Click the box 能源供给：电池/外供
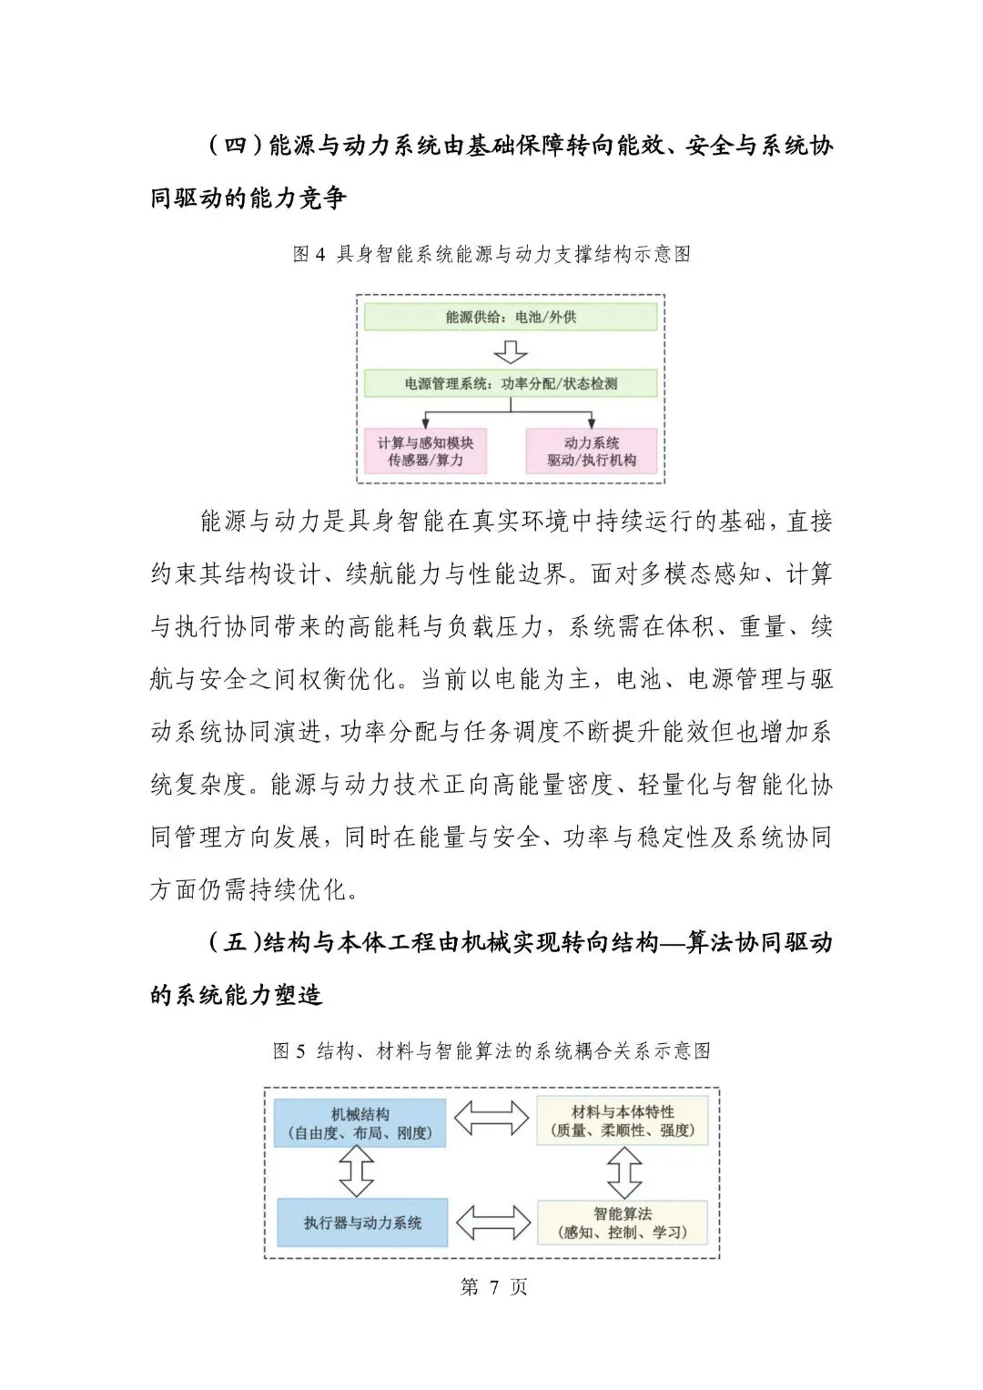click(x=510, y=317)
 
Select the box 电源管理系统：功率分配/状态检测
click(x=510, y=383)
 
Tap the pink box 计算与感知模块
click(x=425, y=451)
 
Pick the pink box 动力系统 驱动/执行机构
click(x=591, y=451)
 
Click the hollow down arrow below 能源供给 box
click(x=510, y=351)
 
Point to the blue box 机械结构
click(x=360, y=1123)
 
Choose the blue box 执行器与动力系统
click(x=362, y=1223)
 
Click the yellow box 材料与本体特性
click(x=623, y=1121)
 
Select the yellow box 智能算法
click(x=623, y=1223)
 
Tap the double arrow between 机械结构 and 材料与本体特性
click(x=491, y=1119)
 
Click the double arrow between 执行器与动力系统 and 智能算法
click(x=492, y=1223)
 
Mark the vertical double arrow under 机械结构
click(x=356, y=1172)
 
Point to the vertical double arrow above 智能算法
click(x=624, y=1172)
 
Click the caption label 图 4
click(x=309, y=254)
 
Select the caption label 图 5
click(x=289, y=1051)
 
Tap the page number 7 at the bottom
click(x=494, y=1286)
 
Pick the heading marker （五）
click(x=235, y=943)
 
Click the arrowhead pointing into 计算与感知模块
click(x=426, y=423)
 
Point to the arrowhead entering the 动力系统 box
click(x=592, y=423)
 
